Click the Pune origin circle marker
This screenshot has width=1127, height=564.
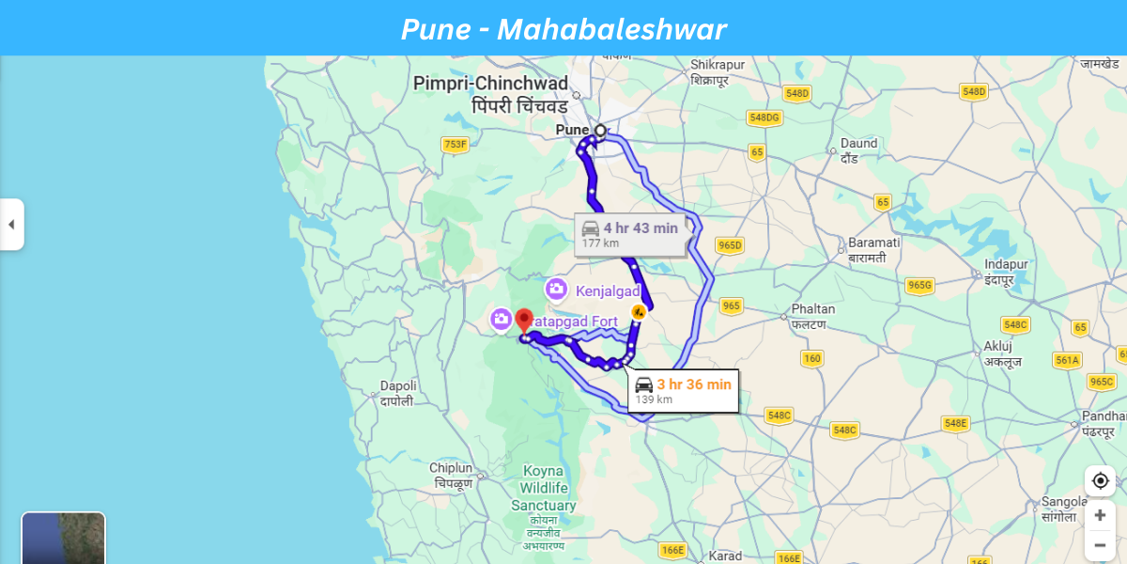pyautogui.click(x=601, y=131)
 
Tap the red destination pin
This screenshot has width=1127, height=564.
pyautogui.click(x=524, y=321)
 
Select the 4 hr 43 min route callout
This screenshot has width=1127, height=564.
pyautogui.click(x=630, y=234)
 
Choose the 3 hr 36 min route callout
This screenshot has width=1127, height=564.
pyautogui.click(x=683, y=390)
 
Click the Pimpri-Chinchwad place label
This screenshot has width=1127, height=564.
pyautogui.click(x=503, y=93)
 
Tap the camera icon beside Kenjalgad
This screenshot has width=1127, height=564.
pyautogui.click(x=556, y=290)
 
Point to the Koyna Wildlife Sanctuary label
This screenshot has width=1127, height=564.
pyautogui.click(x=543, y=489)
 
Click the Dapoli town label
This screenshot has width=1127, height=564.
pyautogui.click(x=397, y=393)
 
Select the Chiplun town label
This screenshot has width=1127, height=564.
pyautogui.click(x=451, y=474)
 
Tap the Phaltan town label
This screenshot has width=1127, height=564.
pyautogui.click(x=809, y=315)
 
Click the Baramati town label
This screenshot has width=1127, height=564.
pyautogui.click(x=873, y=249)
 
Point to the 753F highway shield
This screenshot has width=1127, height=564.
pyautogui.click(x=455, y=144)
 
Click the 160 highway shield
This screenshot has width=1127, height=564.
pyautogui.click(x=811, y=358)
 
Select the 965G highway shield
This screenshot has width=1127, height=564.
pyautogui.click(x=919, y=286)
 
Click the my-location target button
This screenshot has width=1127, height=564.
pyautogui.click(x=1100, y=481)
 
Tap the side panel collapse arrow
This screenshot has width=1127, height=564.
pyautogui.click(x=11, y=225)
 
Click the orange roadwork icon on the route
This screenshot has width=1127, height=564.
pyautogui.click(x=638, y=312)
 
